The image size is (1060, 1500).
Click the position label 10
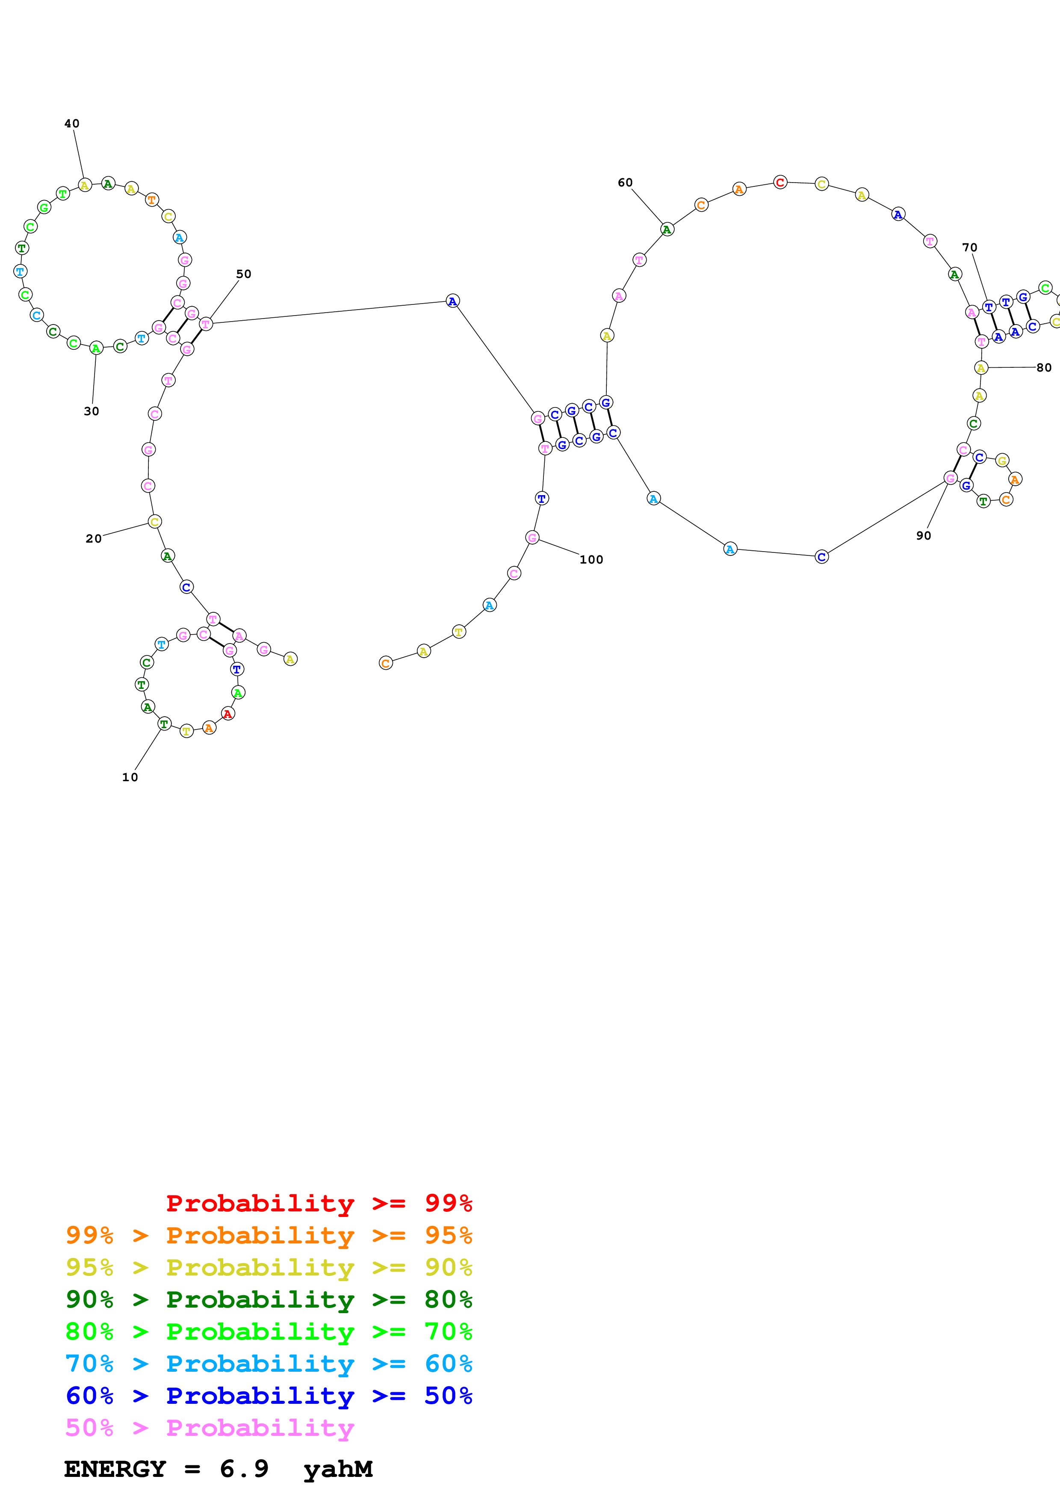click(x=130, y=777)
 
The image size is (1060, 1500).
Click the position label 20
click(x=93, y=539)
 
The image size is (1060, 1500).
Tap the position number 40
click(x=72, y=124)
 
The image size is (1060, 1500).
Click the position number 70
click(x=969, y=248)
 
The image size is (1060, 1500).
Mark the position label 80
click(x=1044, y=368)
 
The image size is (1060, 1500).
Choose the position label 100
click(x=591, y=560)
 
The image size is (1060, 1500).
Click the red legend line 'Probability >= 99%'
click(x=319, y=1203)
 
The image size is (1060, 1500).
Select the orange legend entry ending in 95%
click(x=269, y=1235)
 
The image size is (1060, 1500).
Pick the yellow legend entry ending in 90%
click(x=269, y=1267)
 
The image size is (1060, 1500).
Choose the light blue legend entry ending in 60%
click(x=269, y=1364)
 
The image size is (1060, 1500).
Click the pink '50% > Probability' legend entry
click(x=209, y=1427)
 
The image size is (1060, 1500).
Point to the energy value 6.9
click(x=244, y=1469)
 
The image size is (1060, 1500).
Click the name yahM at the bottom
click(x=338, y=1469)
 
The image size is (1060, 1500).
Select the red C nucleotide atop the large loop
click(x=780, y=182)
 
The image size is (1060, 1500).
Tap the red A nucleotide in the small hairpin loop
click(x=227, y=714)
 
